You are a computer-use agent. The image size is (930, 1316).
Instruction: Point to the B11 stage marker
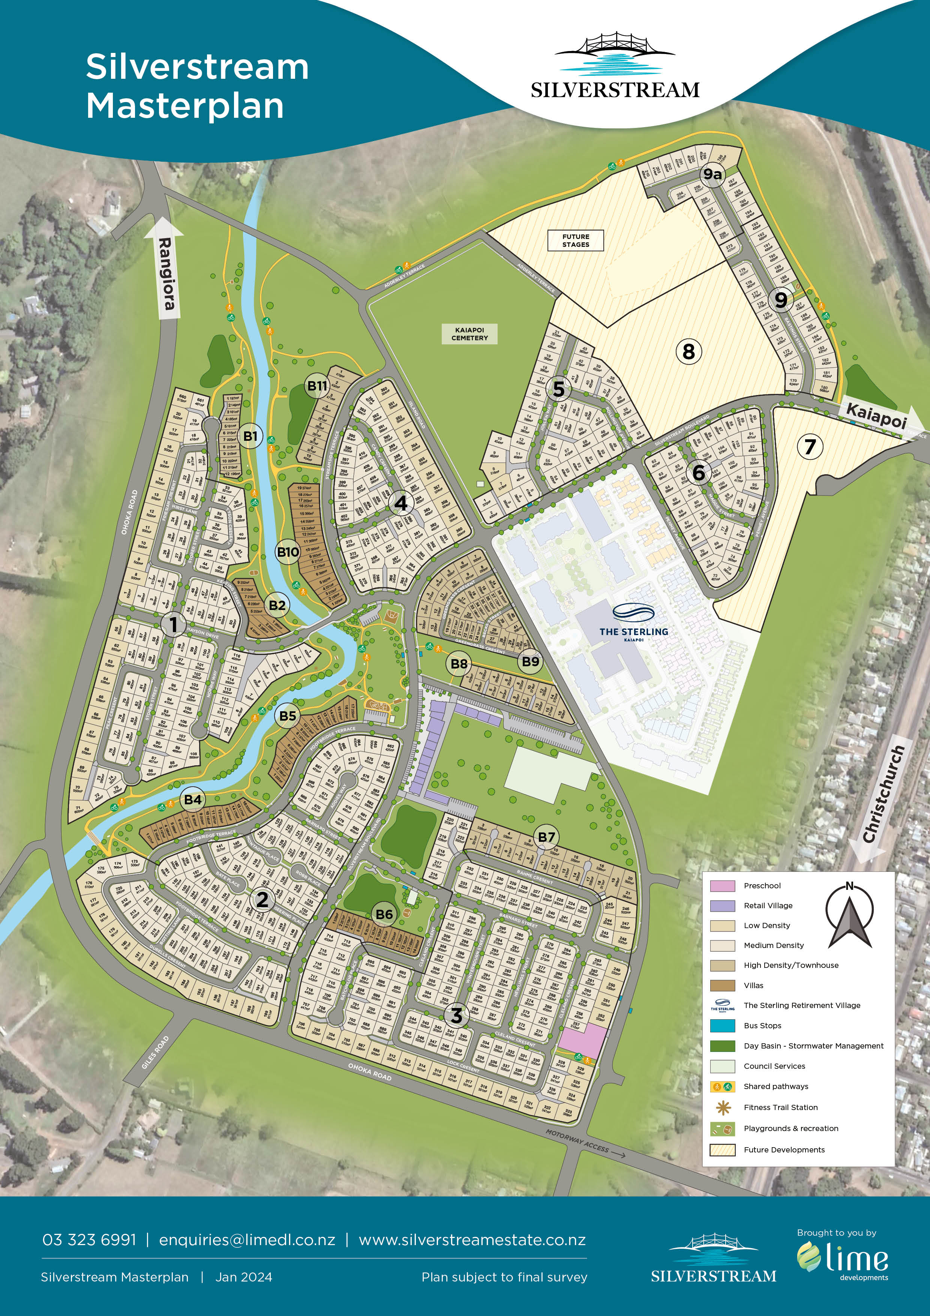[x=317, y=386]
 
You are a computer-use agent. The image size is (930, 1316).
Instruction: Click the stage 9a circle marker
[x=712, y=174]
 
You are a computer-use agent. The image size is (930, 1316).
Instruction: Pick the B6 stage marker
[x=384, y=914]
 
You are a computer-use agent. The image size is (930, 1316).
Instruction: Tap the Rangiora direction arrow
[x=166, y=268]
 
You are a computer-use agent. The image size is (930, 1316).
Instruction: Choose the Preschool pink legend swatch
[x=722, y=886]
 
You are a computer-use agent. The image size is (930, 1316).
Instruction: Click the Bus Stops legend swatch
[x=722, y=1025]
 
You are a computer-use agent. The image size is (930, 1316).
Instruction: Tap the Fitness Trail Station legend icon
[x=722, y=1107]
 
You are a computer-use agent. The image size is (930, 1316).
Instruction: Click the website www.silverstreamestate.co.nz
[x=472, y=1240]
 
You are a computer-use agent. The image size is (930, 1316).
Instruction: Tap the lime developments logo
[x=842, y=1259]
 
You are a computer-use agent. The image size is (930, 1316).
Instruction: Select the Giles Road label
[x=155, y=1052]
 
